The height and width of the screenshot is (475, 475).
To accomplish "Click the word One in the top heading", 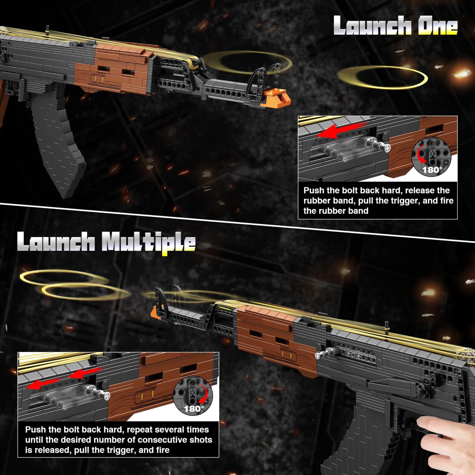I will (438, 26).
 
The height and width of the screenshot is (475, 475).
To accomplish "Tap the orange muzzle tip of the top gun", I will (278, 98).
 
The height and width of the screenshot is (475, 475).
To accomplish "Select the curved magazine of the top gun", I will (59, 145).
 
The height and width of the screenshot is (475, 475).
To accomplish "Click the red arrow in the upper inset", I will (342, 130).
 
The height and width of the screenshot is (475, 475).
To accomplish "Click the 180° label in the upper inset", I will (432, 170).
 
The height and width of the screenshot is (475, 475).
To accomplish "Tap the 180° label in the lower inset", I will (194, 409).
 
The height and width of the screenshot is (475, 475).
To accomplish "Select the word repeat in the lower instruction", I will (140, 429).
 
